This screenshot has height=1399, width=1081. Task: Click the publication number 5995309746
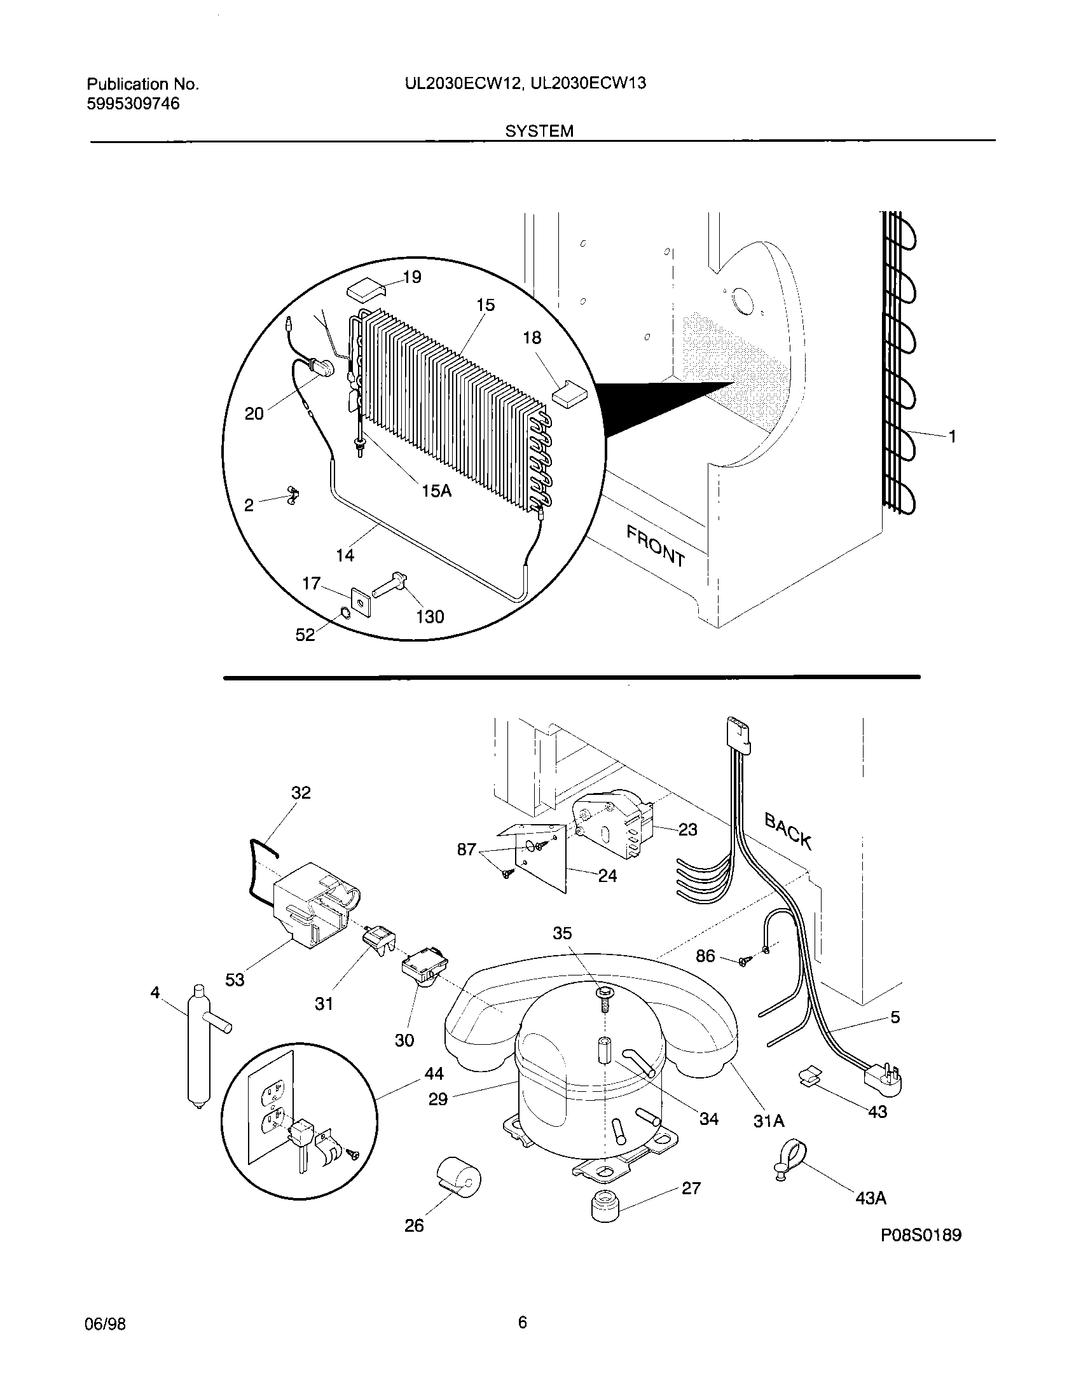click(133, 104)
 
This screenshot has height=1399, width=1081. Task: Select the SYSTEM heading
click(539, 132)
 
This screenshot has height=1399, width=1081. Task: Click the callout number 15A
click(436, 491)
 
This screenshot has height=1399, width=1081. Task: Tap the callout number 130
click(430, 616)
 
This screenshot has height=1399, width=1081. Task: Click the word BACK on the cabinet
click(788, 831)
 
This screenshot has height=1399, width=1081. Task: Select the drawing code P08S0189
click(921, 1235)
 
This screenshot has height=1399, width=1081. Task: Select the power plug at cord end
click(884, 1079)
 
